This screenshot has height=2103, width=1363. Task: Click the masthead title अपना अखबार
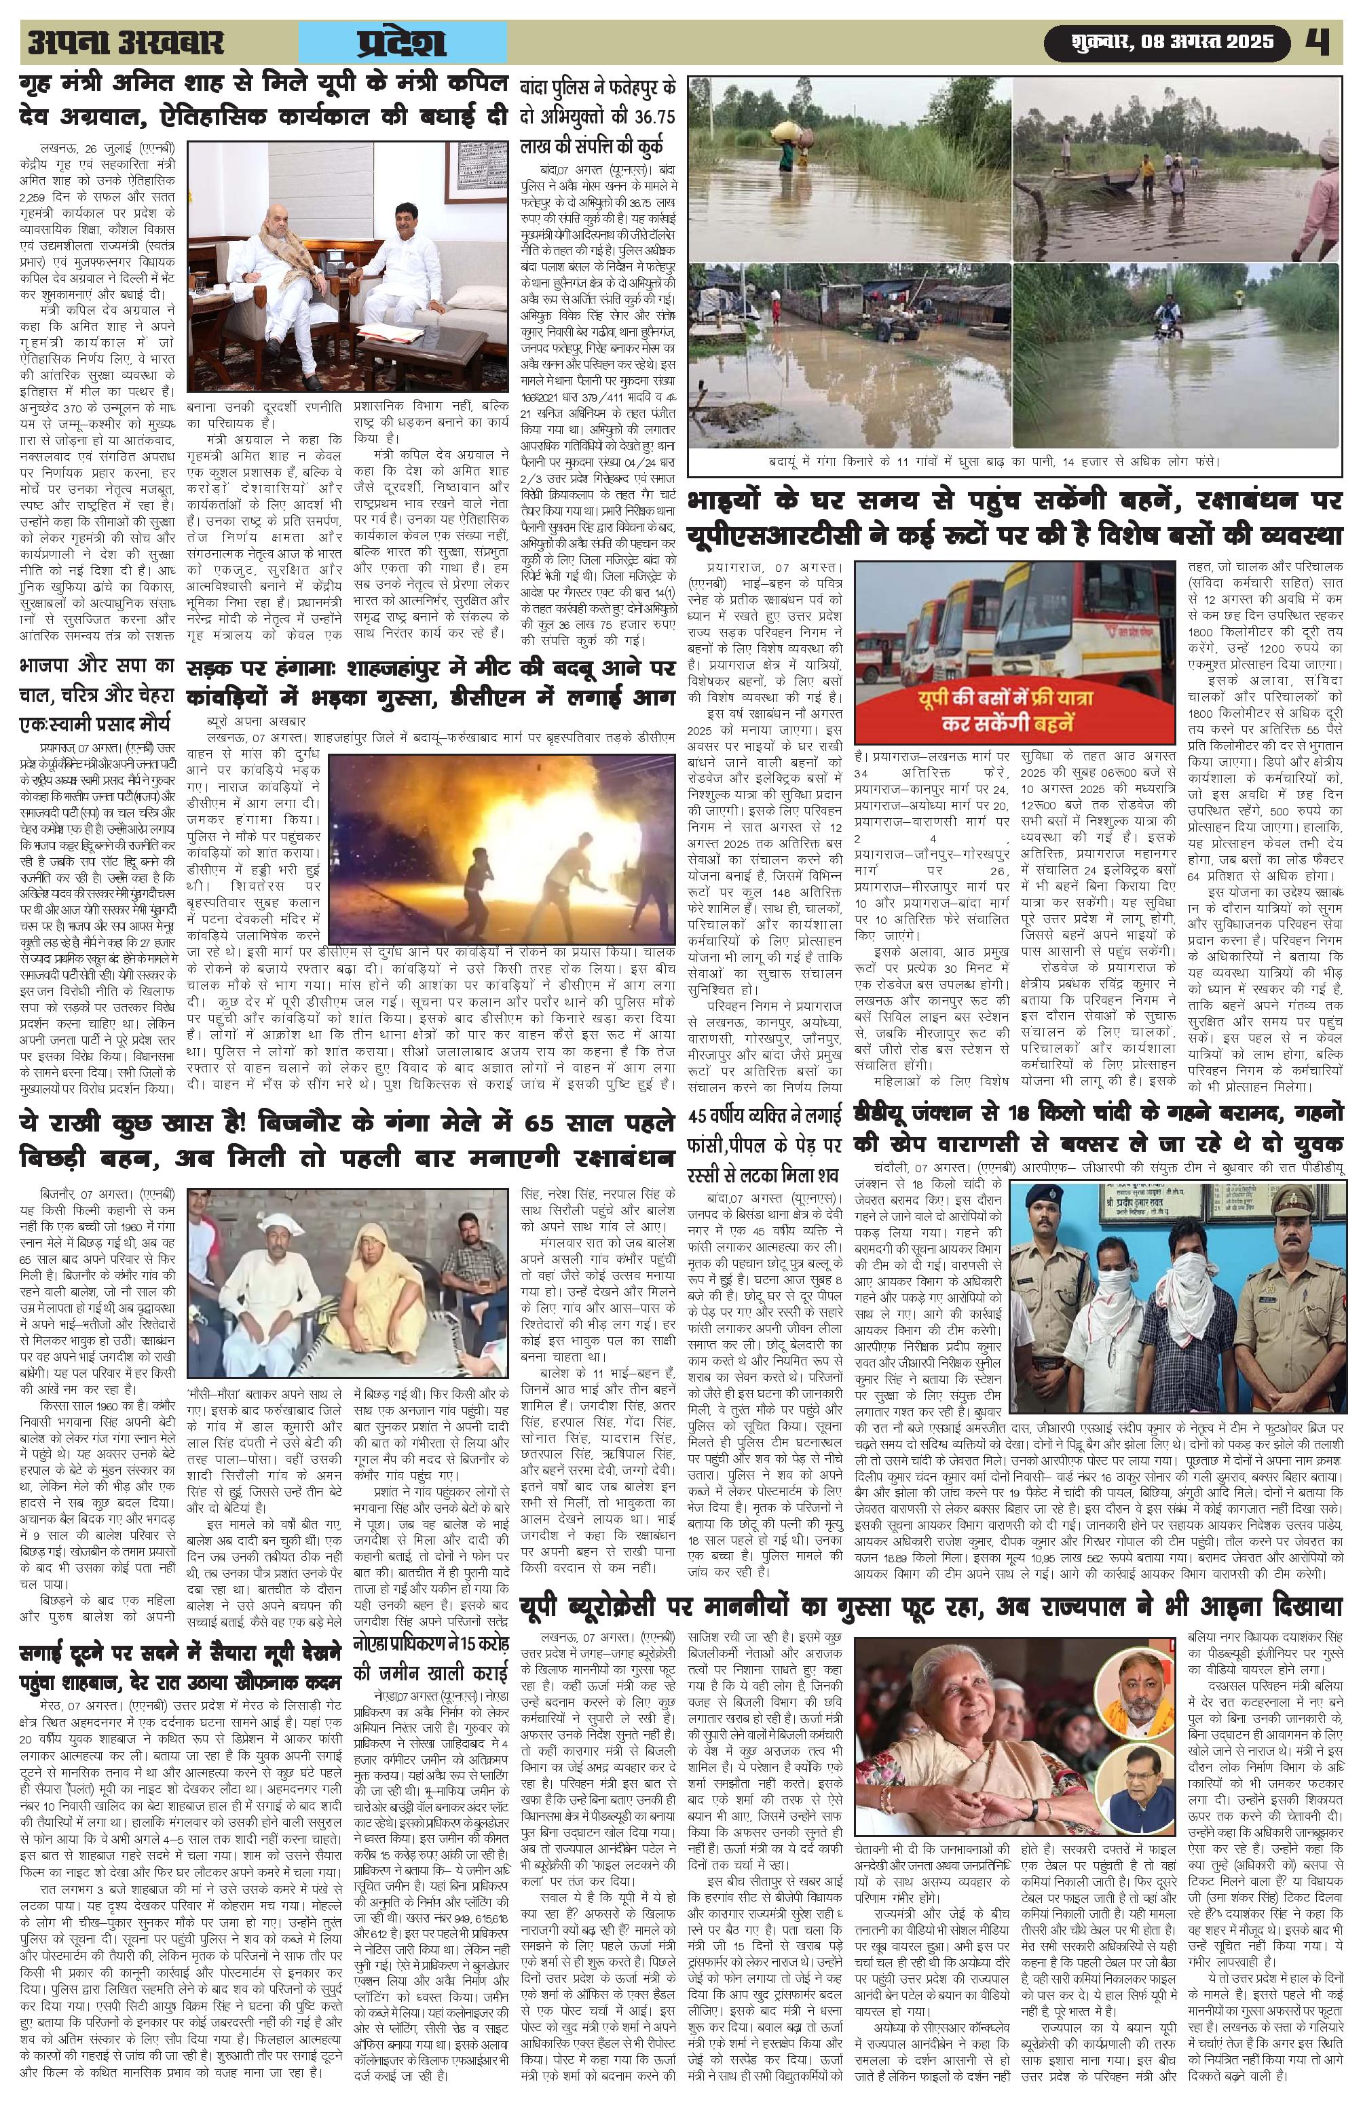(x=126, y=43)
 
